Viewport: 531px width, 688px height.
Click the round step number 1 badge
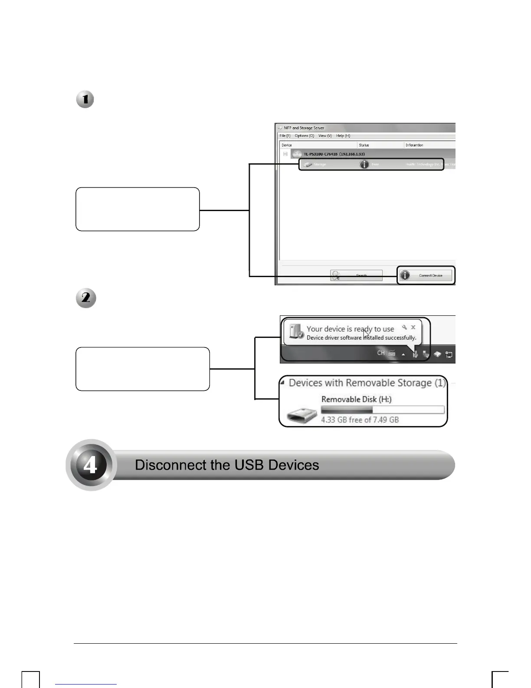pyautogui.click(x=85, y=99)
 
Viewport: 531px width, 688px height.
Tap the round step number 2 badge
pyautogui.click(x=86, y=298)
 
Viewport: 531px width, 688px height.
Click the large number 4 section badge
pyautogui.click(x=90, y=465)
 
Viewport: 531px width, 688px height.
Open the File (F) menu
pyautogui.click(x=285, y=136)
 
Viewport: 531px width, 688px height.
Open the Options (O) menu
pyautogui.click(x=304, y=136)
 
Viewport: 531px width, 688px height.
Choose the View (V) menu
pyautogui.click(x=325, y=136)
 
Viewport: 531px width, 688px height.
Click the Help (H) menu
pyautogui.click(x=343, y=136)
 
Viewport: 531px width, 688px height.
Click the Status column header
pyautogui.click(x=364, y=145)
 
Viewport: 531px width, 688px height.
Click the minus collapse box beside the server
pyautogui.click(x=285, y=154)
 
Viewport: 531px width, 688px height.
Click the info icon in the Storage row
pyautogui.click(x=364, y=164)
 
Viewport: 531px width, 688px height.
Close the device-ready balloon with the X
pyautogui.click(x=413, y=327)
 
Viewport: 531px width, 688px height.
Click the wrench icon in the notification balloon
pyautogui.click(x=404, y=327)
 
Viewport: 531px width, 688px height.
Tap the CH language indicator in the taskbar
pyautogui.click(x=381, y=353)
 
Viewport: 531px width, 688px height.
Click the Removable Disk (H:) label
pyautogui.click(x=356, y=399)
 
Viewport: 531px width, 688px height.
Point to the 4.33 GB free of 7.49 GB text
pyautogui.click(x=360, y=420)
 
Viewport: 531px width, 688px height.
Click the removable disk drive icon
pyautogui.click(x=302, y=416)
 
